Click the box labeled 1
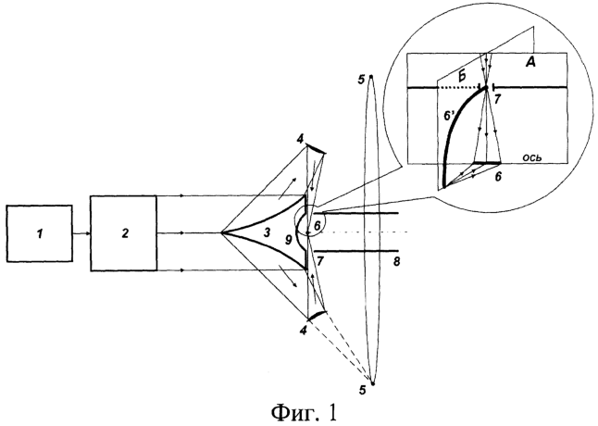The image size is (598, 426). pyautogui.click(x=40, y=233)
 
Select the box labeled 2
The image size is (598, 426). pyautogui.click(x=123, y=233)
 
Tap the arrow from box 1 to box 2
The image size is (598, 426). pyautogui.click(x=81, y=233)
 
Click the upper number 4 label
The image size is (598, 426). pyautogui.click(x=300, y=139)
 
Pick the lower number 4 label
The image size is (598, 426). pyautogui.click(x=304, y=331)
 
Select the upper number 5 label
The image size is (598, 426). pyautogui.click(x=361, y=80)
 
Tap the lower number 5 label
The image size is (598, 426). pyautogui.click(x=363, y=390)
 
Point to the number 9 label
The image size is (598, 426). pyautogui.click(x=288, y=240)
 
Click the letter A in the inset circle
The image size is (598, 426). pyautogui.click(x=530, y=62)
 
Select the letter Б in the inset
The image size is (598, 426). pyautogui.click(x=462, y=76)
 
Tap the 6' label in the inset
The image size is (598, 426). pyautogui.click(x=450, y=117)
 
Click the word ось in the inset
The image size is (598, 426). pyautogui.click(x=531, y=157)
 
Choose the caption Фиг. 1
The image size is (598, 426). pyautogui.click(x=304, y=412)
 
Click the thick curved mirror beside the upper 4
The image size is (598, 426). pyautogui.click(x=317, y=148)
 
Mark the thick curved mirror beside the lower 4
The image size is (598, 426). pyautogui.click(x=317, y=315)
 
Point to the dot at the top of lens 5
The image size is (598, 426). pyautogui.click(x=370, y=77)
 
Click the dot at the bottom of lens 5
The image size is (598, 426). pyautogui.click(x=373, y=383)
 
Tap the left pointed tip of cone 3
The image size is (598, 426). pyautogui.click(x=221, y=232)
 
